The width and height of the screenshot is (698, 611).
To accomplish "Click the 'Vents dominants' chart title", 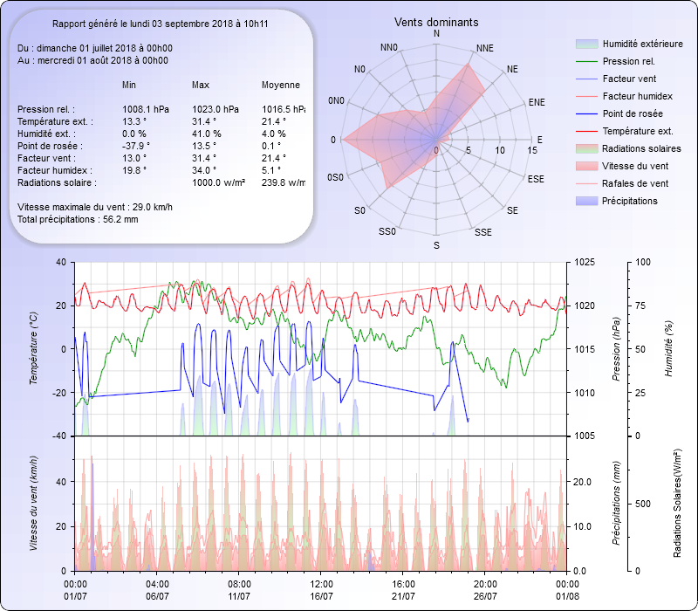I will pos(436,22).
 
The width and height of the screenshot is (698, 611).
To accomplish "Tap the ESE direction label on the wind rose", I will pos(537,178).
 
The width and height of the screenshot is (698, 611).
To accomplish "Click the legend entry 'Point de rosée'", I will pos(632,114).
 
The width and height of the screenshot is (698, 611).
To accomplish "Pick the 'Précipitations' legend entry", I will pos(629,201).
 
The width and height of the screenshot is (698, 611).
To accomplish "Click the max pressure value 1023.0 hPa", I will pos(216,109).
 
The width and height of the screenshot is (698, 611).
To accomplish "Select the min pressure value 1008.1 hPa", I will pos(146,109).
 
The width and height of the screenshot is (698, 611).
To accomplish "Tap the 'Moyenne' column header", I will pos(281,86).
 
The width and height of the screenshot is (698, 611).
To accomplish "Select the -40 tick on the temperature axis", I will pos(60,436).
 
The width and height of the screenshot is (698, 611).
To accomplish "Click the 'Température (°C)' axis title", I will pos(34,349).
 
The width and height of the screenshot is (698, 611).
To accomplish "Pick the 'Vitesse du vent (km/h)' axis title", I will pos(34,503).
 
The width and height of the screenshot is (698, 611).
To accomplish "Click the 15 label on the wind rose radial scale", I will pos(532,150).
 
